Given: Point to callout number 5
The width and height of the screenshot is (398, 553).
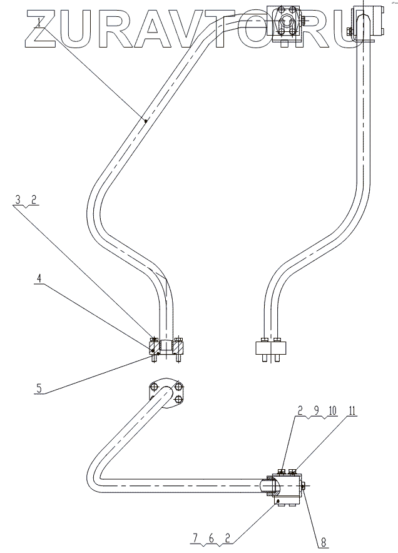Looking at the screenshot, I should pos(39,388).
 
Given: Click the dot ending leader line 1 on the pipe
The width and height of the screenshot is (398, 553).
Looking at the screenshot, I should pos(145,121).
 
